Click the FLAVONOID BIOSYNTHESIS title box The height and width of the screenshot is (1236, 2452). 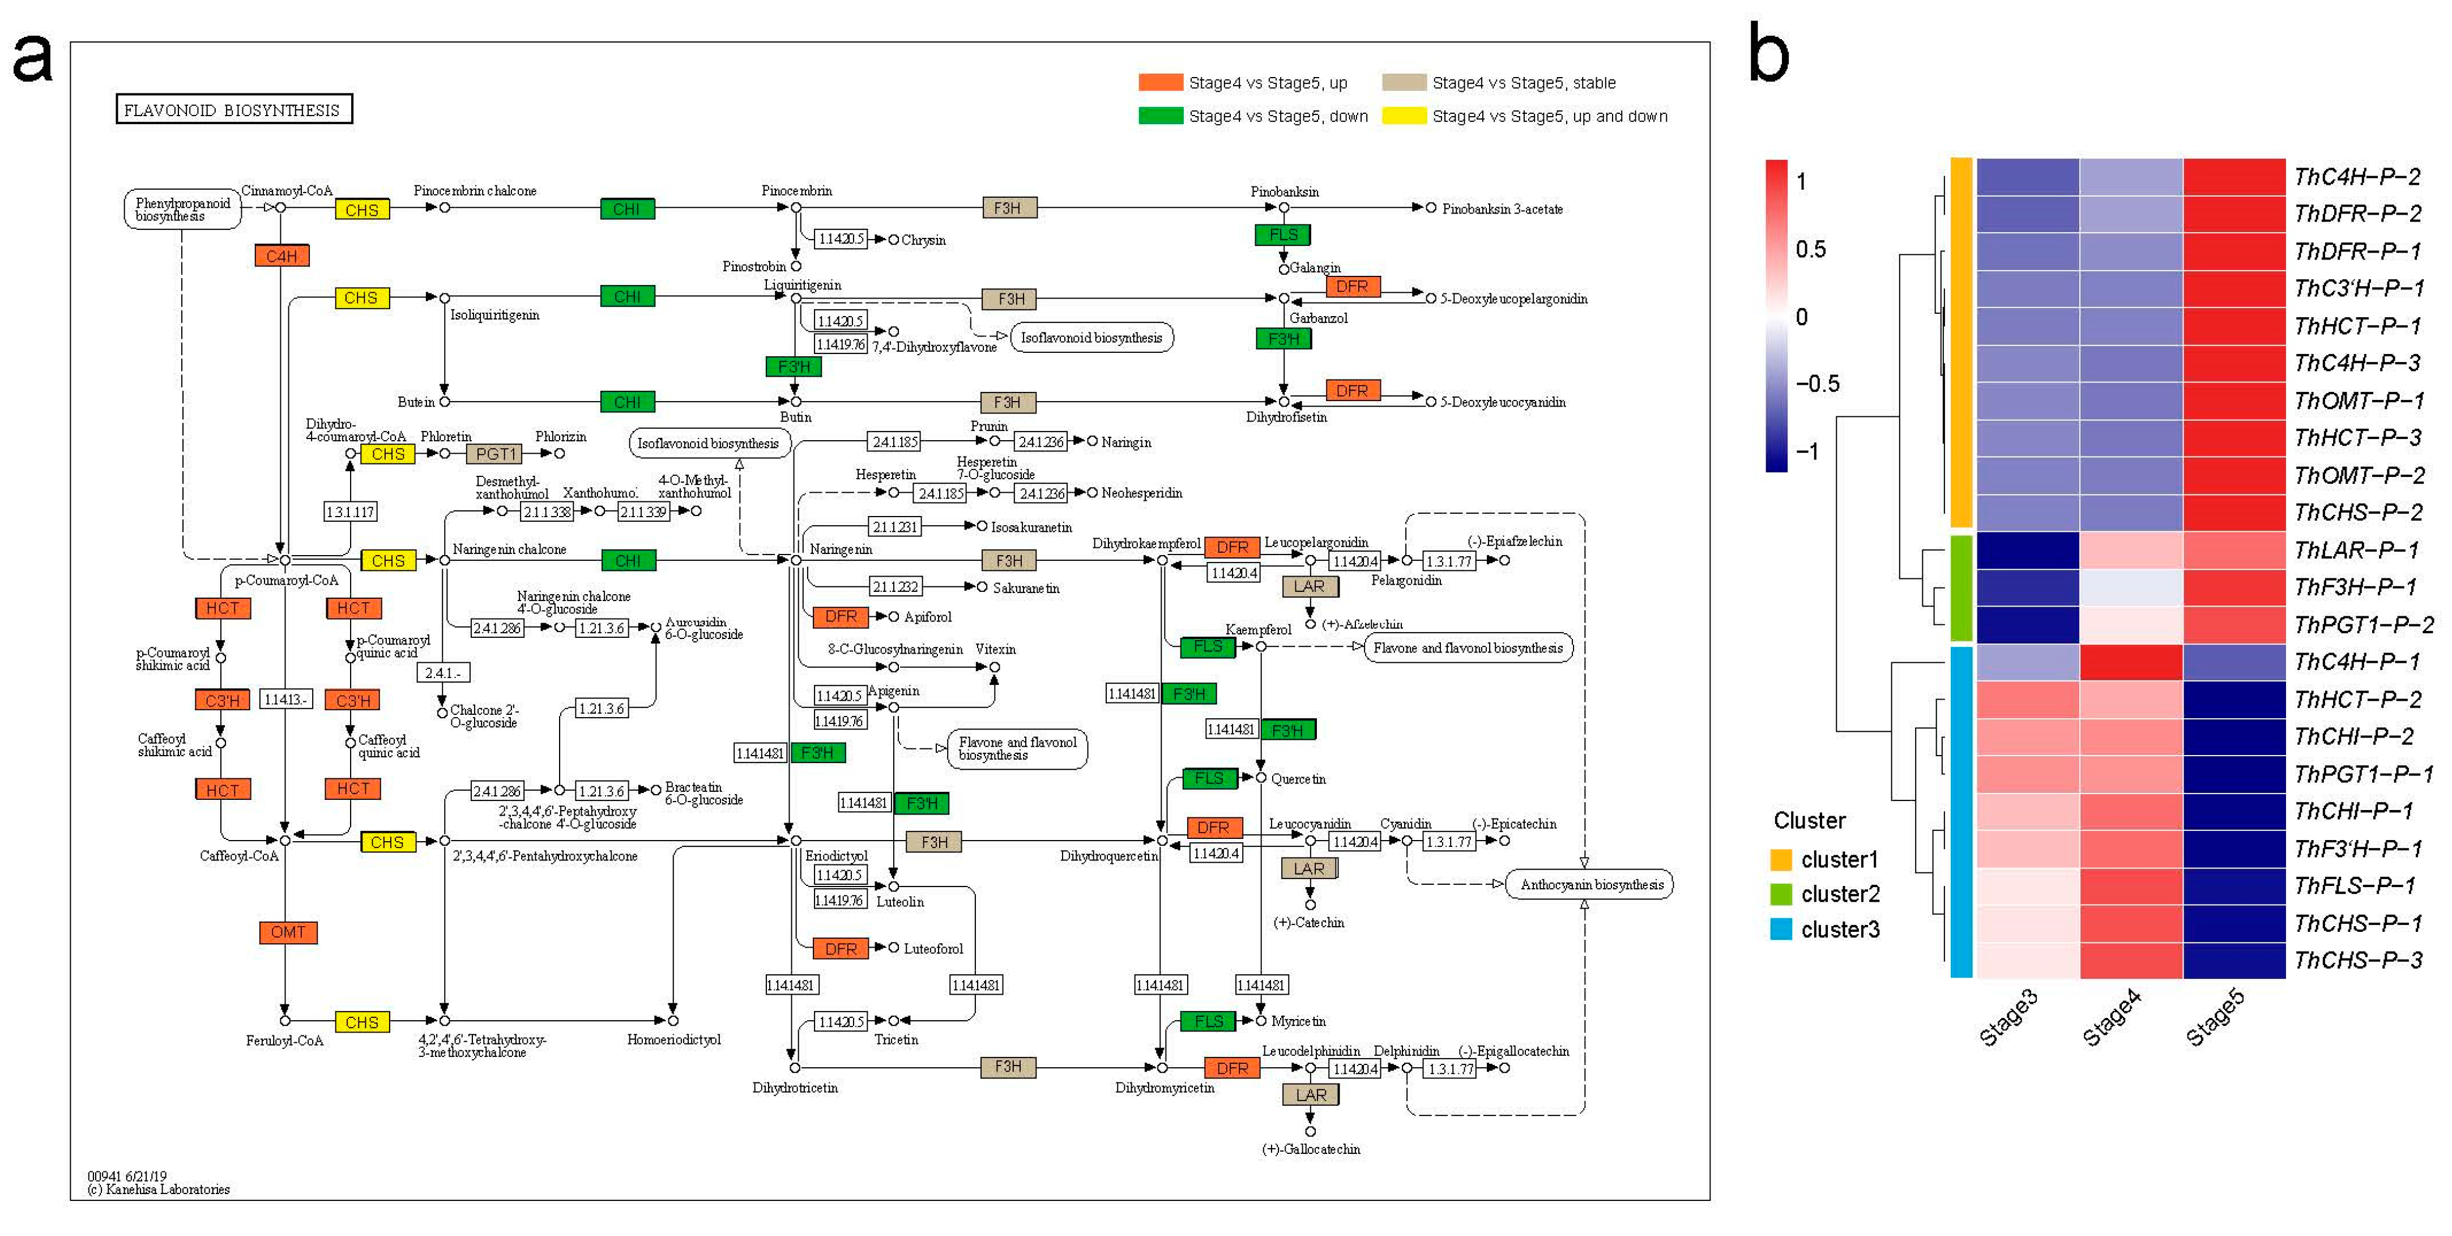[x=233, y=109]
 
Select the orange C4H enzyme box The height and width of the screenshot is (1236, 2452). [x=282, y=256]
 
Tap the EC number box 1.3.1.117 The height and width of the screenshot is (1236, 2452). [x=350, y=512]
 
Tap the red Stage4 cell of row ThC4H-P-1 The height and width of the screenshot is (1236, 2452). [x=2131, y=662]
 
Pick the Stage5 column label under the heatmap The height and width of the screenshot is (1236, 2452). [x=2215, y=1017]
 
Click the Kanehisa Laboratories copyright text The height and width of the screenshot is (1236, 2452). [x=159, y=1190]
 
